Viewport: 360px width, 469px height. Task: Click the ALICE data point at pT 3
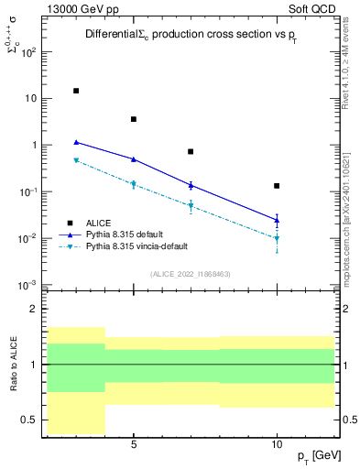pos(76,91)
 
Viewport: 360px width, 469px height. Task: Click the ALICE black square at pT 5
pos(134,119)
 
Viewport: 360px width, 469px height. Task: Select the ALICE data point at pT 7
pos(191,151)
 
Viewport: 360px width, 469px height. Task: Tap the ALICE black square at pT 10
pos(277,186)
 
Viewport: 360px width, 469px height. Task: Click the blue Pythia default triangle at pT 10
pos(277,219)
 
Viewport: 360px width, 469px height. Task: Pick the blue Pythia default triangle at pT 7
pos(191,185)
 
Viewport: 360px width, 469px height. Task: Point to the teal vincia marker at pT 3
pos(76,160)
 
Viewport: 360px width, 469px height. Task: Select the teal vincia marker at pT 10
pos(277,238)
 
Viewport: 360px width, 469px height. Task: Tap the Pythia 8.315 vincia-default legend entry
pos(142,246)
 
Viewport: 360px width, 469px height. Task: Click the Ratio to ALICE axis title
pos(14,365)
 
